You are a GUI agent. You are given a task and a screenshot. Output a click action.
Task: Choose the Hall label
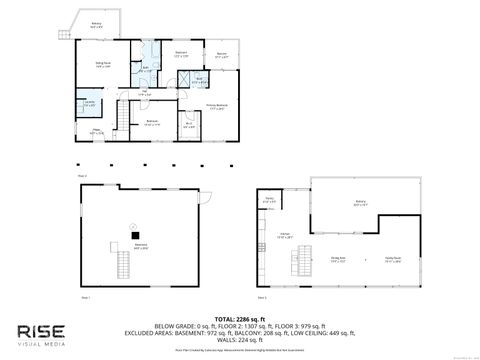click(144, 93)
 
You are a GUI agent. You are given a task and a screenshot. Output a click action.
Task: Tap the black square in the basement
click(128, 235)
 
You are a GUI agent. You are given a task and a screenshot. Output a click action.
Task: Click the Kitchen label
click(285, 236)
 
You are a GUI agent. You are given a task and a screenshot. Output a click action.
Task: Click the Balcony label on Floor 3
click(359, 203)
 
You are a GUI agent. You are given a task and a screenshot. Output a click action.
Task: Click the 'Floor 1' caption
click(85, 297)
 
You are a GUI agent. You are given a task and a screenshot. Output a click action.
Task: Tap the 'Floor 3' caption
click(261, 297)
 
